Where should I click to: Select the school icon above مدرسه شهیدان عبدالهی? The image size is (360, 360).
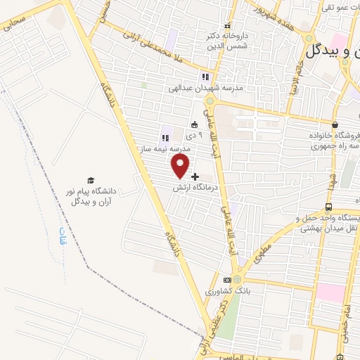point(205,76)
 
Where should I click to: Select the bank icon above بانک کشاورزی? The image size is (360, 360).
point(226,278)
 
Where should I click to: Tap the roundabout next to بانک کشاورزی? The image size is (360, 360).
point(238,279)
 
